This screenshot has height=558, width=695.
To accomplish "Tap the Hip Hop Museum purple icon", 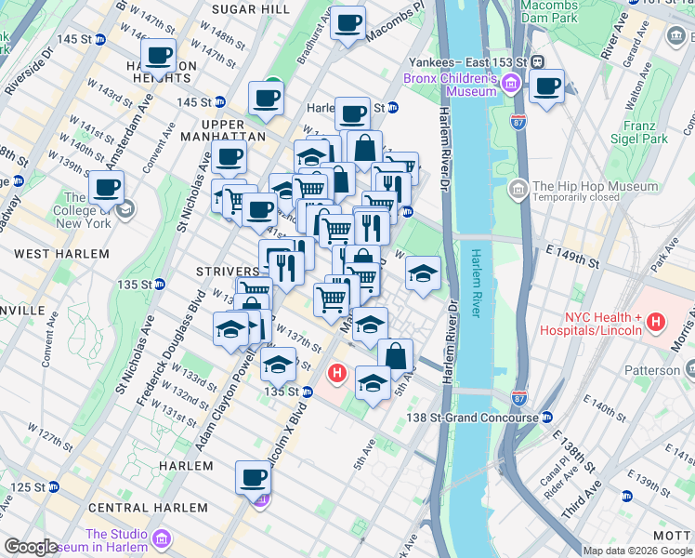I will [518, 191].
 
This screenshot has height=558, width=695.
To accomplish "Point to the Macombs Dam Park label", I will [549, 11].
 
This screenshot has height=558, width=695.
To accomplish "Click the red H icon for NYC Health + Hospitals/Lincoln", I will [656, 324].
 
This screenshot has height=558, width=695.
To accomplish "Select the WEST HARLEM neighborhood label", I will [62, 253].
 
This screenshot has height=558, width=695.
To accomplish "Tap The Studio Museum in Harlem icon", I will [162, 539].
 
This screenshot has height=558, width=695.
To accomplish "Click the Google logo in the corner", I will [31, 547].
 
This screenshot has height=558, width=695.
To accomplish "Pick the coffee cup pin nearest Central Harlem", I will [252, 479].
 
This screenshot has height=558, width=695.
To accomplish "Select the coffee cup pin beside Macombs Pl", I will [348, 23].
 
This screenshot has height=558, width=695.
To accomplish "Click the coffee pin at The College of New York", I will [107, 188].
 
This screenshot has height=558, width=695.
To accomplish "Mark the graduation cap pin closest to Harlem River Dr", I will [423, 274].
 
